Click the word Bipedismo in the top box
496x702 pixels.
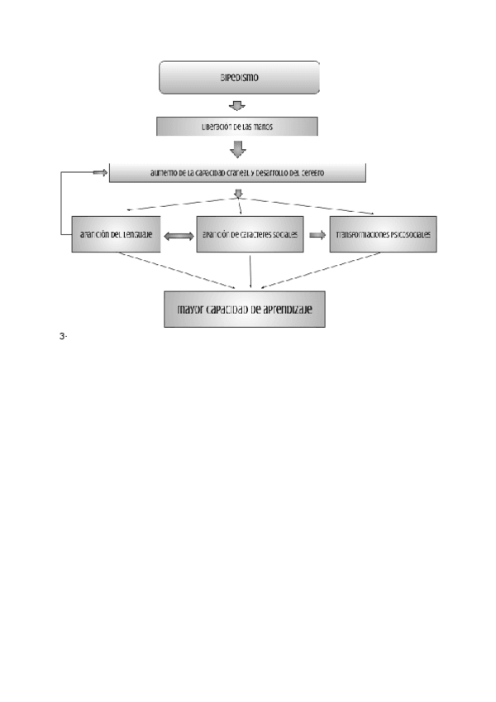pyautogui.click(x=239, y=78)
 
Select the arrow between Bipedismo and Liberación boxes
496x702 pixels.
pyautogui.click(x=237, y=105)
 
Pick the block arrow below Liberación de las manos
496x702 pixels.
pyautogui.click(x=237, y=149)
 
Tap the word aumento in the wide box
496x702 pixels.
pyautogui.click(x=165, y=174)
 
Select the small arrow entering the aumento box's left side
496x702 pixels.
pyautogui.click(x=100, y=173)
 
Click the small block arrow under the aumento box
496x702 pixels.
pyautogui.click(x=238, y=194)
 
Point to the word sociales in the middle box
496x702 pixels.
pyautogui.click(x=284, y=235)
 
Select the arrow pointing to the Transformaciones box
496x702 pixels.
pyautogui.click(x=317, y=235)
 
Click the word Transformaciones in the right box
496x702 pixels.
pyautogui.click(x=361, y=235)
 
